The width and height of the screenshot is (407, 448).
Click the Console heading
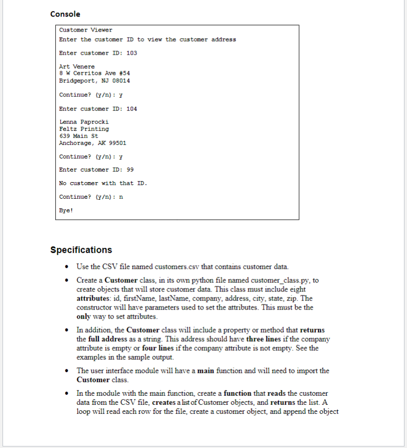tap(65, 14)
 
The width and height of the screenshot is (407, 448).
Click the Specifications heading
tap(81, 250)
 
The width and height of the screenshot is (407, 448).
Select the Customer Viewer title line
tap(86, 30)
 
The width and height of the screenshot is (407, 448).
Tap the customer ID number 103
tap(132, 53)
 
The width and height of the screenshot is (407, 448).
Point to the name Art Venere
tap(77, 67)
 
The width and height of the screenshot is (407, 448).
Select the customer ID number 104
tap(132, 109)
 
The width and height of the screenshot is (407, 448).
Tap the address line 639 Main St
tap(79, 136)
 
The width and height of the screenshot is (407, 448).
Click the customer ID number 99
tap(130, 170)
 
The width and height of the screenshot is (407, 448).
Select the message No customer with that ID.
tap(103, 183)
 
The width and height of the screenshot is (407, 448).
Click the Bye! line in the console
tap(66, 211)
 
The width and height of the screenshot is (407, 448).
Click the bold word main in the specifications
tap(207, 371)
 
